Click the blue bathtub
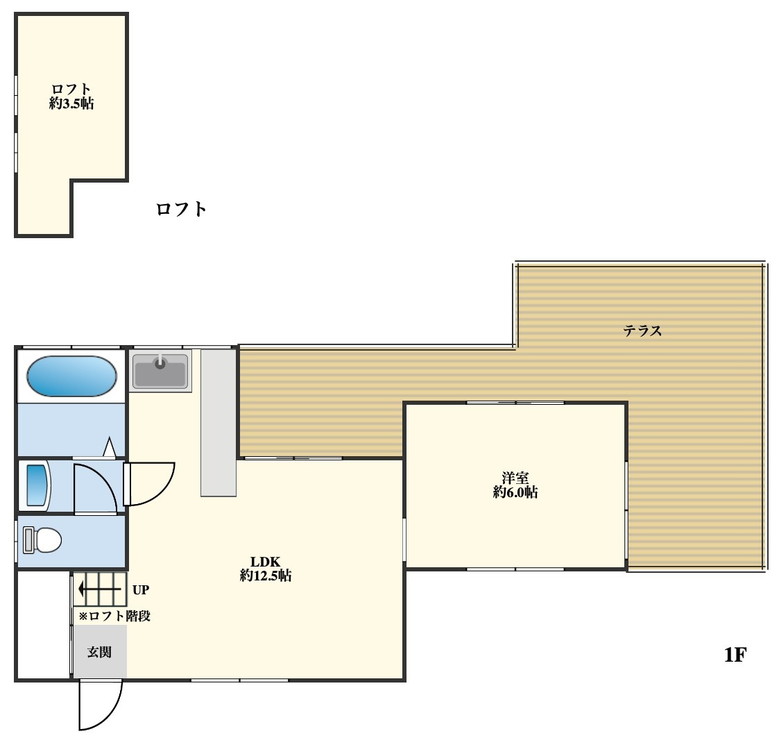click(71, 376)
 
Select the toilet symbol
click(42, 540)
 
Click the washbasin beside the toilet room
click(37, 485)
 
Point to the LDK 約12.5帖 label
click(265, 569)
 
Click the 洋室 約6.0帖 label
click(515, 485)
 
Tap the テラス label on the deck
click(642, 330)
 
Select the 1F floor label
click(735, 655)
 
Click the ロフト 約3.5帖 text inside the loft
click(71, 97)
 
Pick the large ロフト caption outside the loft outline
click(181, 209)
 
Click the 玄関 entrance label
click(99, 652)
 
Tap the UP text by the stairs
click(141, 590)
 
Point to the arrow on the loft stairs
click(100, 589)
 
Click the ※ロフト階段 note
click(114, 616)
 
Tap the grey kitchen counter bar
click(218, 422)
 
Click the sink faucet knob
click(160, 363)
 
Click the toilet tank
click(28, 540)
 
